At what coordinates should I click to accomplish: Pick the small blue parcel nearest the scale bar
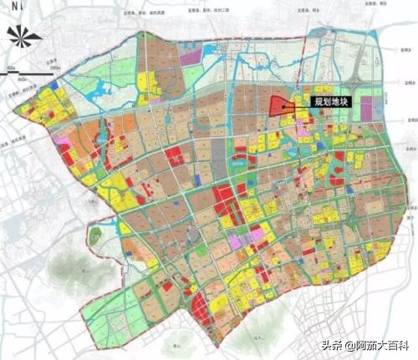tap(57, 86)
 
